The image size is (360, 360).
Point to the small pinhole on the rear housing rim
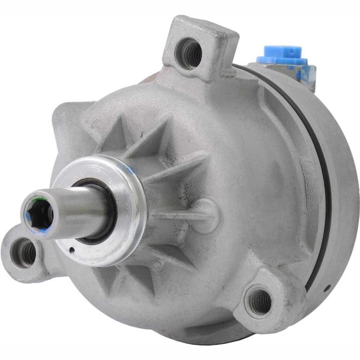(328, 288)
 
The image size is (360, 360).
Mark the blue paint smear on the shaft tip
(32, 221)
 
